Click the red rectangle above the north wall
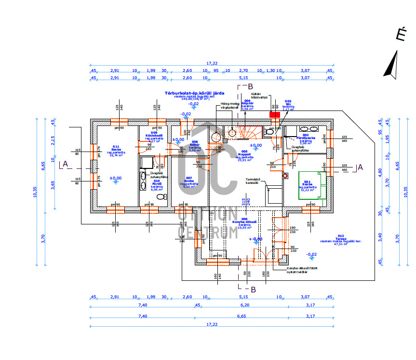pos(274,115)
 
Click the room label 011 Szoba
pos(115,150)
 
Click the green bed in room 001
pos(312,185)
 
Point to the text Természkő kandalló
pos(253,181)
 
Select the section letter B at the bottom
pos(253,290)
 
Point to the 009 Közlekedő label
pos(154,135)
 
